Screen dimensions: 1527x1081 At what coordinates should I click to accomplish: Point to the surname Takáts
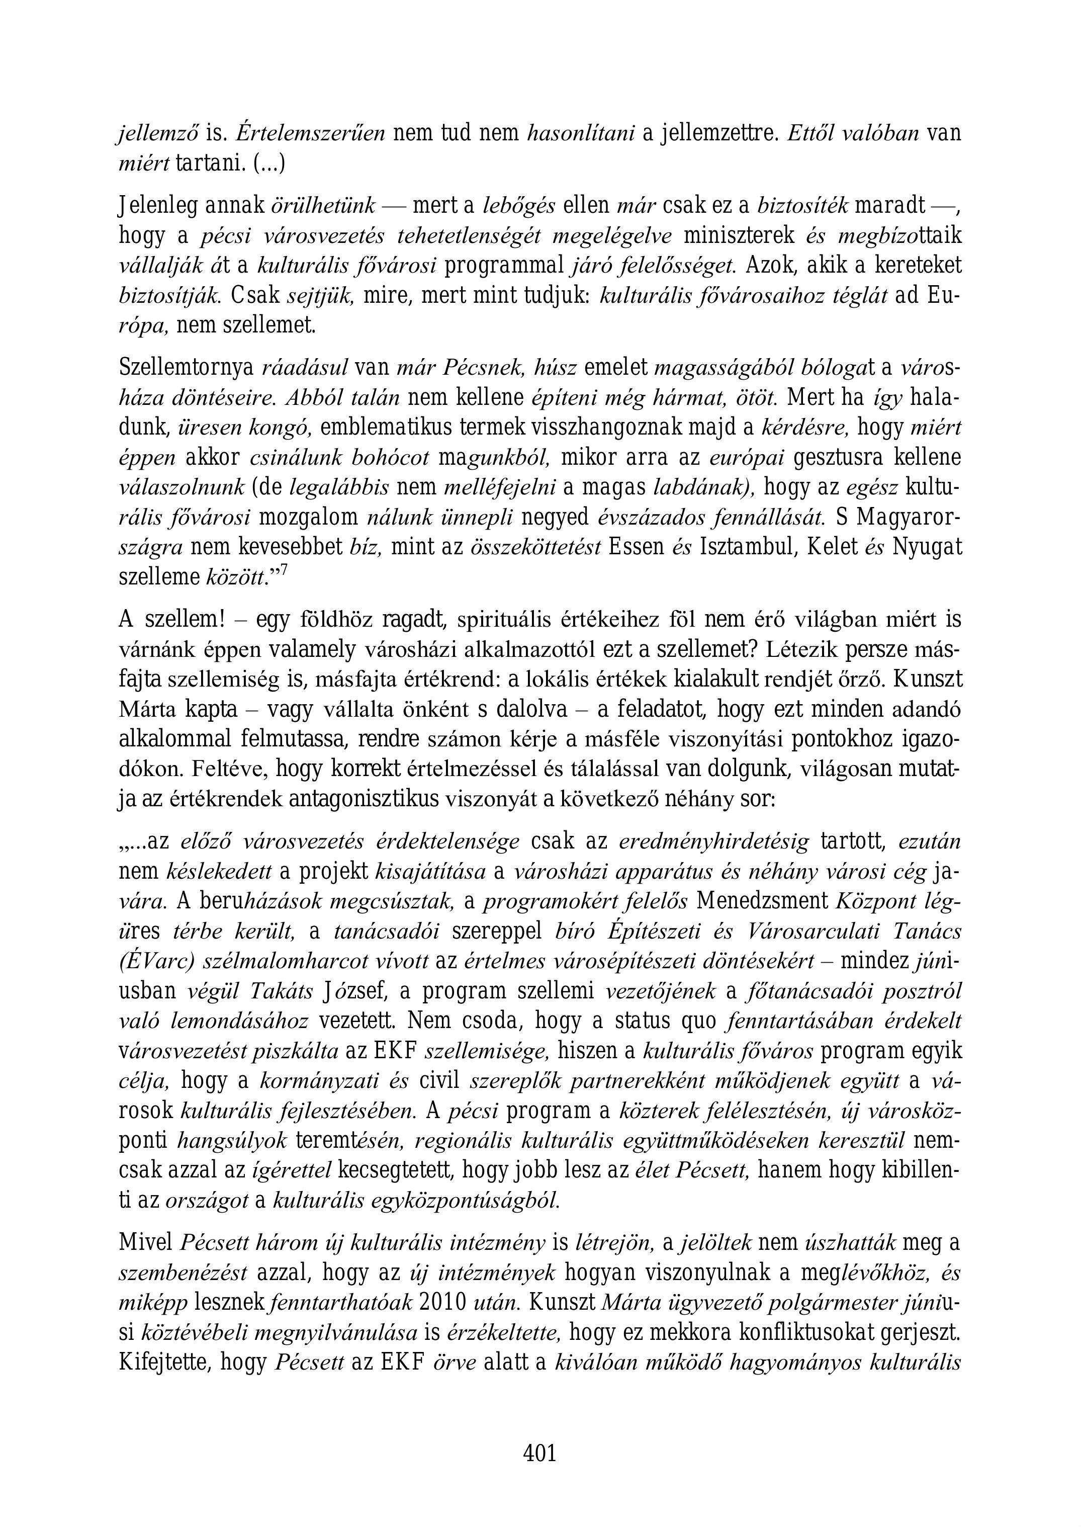click(282, 991)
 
